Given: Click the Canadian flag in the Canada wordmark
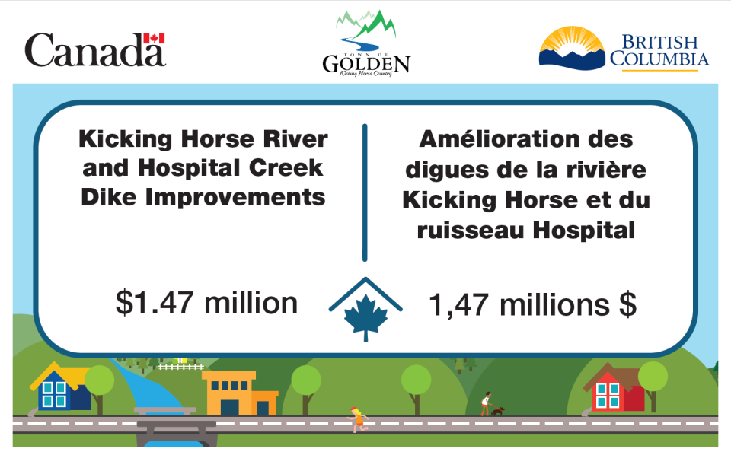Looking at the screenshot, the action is click(x=154, y=38).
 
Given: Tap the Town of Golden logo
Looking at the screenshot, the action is click(x=366, y=43).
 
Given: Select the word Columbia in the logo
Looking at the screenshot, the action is click(x=659, y=59).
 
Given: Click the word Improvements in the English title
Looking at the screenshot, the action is click(x=235, y=198).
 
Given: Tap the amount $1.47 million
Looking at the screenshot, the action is click(x=206, y=303).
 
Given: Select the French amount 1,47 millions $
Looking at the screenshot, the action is click(x=532, y=304).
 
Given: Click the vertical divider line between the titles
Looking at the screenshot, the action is click(x=365, y=192).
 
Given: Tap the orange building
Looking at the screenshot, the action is click(x=240, y=393).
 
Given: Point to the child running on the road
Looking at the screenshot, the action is click(x=358, y=419).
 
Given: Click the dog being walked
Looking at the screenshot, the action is click(x=497, y=411).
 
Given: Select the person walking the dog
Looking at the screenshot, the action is click(x=486, y=403).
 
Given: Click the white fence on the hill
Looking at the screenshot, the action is click(x=180, y=367).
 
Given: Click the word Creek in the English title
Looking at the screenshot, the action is click(x=286, y=168).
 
